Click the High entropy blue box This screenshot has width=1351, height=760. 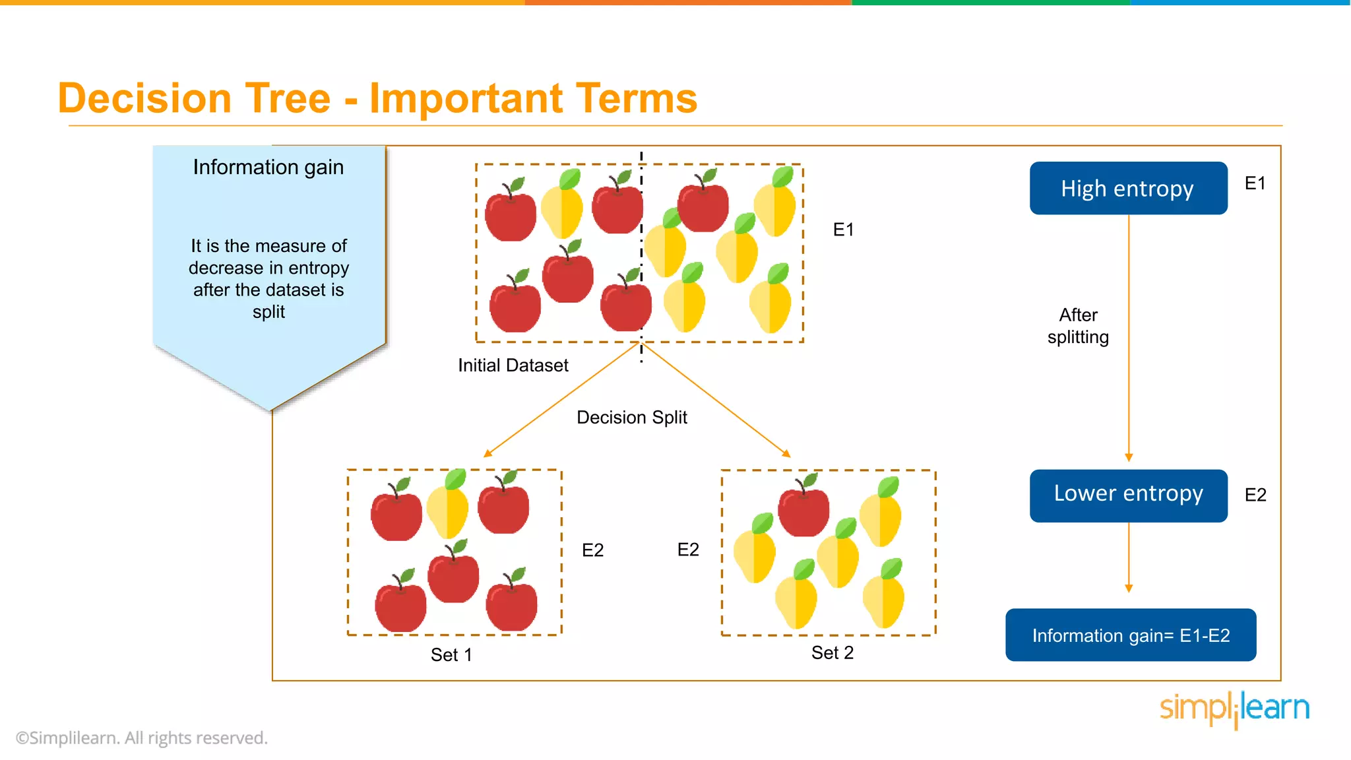coord(1128,188)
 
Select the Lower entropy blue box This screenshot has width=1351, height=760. coord(1128,495)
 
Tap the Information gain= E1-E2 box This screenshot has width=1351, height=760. coord(1130,635)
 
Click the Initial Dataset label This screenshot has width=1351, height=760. coord(513,365)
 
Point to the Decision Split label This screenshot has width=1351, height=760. coord(631,418)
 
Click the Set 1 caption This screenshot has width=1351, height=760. coord(451,654)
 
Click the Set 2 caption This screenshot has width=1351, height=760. coord(832,652)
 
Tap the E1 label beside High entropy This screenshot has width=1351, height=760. coord(1255,183)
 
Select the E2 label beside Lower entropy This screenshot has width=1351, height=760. coord(1255,495)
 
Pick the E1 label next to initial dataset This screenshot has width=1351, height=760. coord(843,230)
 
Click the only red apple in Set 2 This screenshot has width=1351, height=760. coord(803,509)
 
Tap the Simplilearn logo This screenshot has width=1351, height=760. coord(1234,709)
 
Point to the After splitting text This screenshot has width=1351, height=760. coord(1078,326)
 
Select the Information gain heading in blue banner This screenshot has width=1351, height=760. coord(268,168)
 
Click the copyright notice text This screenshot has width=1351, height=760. coord(142,738)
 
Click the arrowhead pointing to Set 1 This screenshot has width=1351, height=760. coord(487,453)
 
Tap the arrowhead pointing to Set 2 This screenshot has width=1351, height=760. coord(786,453)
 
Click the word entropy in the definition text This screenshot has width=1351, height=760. coord(319,268)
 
